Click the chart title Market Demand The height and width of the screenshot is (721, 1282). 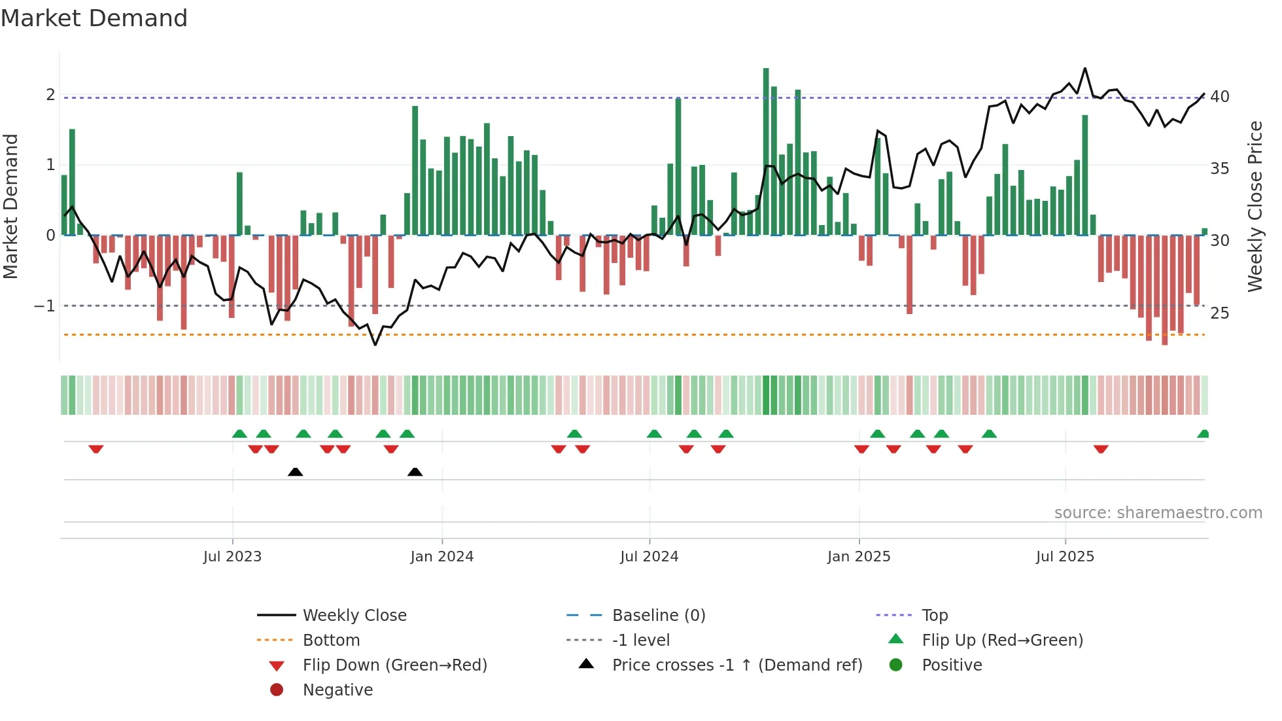click(94, 18)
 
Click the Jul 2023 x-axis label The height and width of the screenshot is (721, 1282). click(232, 557)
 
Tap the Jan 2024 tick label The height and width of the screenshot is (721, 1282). click(442, 557)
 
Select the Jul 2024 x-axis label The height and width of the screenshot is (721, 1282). click(649, 557)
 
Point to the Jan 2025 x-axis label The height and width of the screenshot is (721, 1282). click(858, 557)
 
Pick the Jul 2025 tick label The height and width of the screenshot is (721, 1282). click(1065, 557)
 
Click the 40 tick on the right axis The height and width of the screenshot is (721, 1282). click(1220, 97)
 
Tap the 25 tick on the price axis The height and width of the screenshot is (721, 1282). click(1220, 313)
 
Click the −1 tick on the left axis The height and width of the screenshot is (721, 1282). click(45, 306)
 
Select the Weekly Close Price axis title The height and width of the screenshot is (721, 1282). click(1255, 206)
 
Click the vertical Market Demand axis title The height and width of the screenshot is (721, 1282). click(11, 206)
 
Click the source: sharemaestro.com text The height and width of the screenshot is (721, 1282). click(1158, 513)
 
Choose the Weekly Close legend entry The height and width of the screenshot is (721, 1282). click(354, 616)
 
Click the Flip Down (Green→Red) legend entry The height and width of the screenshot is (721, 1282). click(394, 665)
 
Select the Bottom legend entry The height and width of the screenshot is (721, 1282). click(331, 641)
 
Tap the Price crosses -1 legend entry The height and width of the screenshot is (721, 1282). click(736, 665)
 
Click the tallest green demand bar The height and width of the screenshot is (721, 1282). click(766, 150)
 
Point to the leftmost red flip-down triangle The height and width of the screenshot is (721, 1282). click(96, 449)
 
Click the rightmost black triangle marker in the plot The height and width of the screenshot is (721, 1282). click(415, 472)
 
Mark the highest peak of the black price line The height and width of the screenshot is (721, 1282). click(1085, 69)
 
